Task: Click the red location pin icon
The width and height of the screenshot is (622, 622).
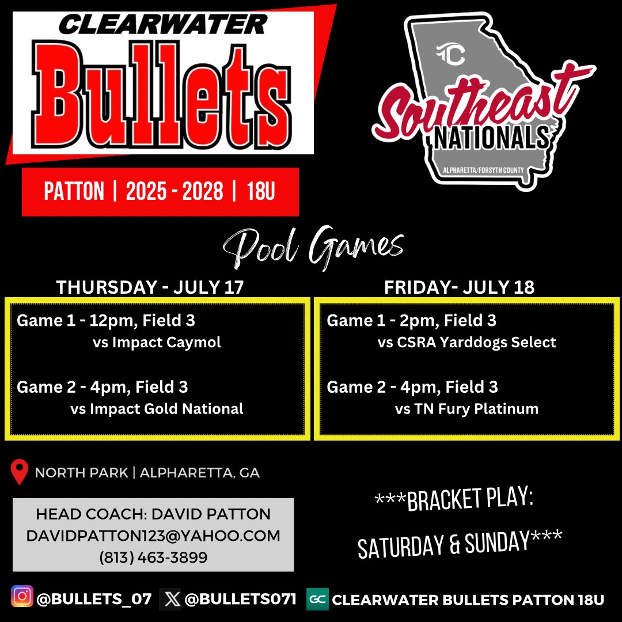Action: [x=20, y=472]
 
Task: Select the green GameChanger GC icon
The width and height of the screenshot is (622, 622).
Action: [x=317, y=599]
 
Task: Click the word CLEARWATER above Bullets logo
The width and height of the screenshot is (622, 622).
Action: [x=163, y=25]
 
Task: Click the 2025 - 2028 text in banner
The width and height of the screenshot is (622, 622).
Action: [x=175, y=192]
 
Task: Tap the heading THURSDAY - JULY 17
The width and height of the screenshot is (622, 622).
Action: [x=150, y=287]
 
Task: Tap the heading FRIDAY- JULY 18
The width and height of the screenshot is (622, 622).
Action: [x=459, y=287]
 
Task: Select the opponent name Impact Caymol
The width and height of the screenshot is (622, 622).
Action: [x=166, y=343]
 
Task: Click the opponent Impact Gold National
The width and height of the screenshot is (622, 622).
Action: [x=166, y=409]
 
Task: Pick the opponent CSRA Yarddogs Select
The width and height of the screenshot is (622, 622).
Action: [x=476, y=343]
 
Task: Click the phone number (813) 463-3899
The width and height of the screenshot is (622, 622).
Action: [x=153, y=557]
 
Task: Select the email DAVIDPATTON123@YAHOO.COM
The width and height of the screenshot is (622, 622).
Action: [x=153, y=536]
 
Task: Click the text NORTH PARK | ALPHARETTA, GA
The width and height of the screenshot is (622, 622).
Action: [x=147, y=473]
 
